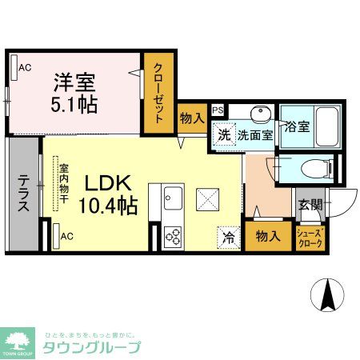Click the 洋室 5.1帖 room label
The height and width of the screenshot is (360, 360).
pos(76,93)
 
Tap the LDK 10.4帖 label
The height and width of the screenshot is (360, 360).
pos(107,194)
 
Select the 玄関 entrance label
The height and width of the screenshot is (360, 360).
pos(311,206)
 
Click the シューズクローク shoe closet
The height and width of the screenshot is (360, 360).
pos(310,238)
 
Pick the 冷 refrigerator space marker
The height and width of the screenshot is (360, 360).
pos(228,237)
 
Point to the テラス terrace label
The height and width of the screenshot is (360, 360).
pos(24,194)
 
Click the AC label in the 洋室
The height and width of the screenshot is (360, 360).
pos(24,67)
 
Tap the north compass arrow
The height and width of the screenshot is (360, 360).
pos(326,295)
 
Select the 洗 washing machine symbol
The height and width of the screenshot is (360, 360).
pos(225,135)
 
